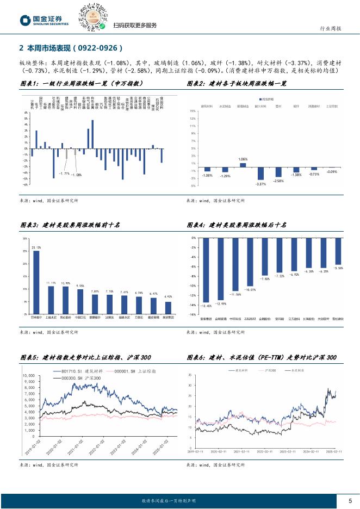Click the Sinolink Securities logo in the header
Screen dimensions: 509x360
[x=45, y=20]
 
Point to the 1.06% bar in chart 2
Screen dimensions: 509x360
[x=243, y=165]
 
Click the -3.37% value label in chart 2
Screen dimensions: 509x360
[x=260, y=184]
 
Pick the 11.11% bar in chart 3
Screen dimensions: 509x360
[x=51, y=300]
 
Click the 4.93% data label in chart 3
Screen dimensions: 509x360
[x=168, y=297]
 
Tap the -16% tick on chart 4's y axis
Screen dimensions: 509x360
[x=193, y=314]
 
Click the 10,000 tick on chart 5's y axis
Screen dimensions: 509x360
[x=28, y=375]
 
